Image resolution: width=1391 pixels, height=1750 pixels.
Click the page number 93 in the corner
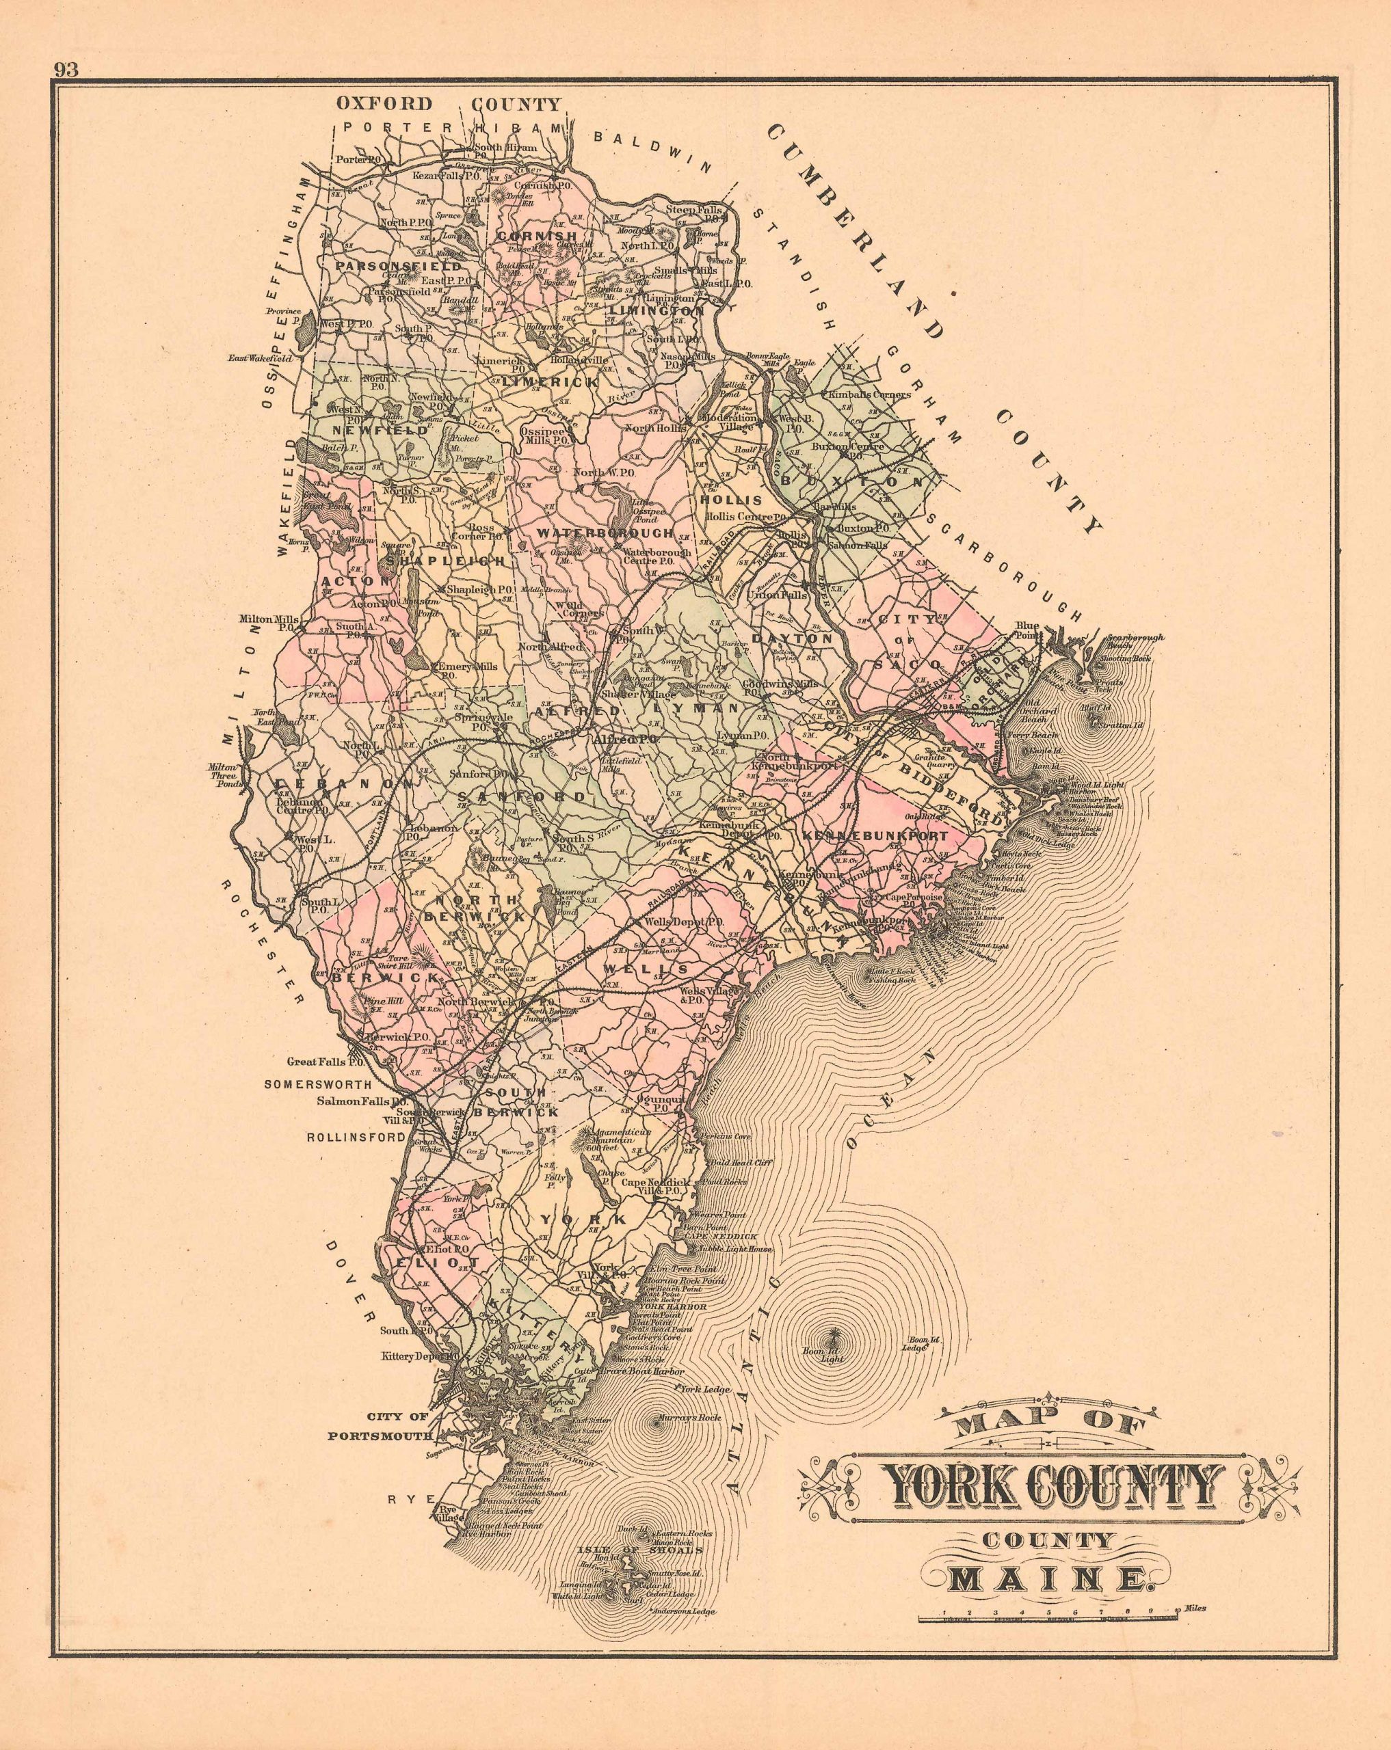[66, 70]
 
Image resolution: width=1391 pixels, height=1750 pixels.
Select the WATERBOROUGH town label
[605, 533]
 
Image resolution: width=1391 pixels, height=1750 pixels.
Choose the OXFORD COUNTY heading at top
[448, 104]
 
